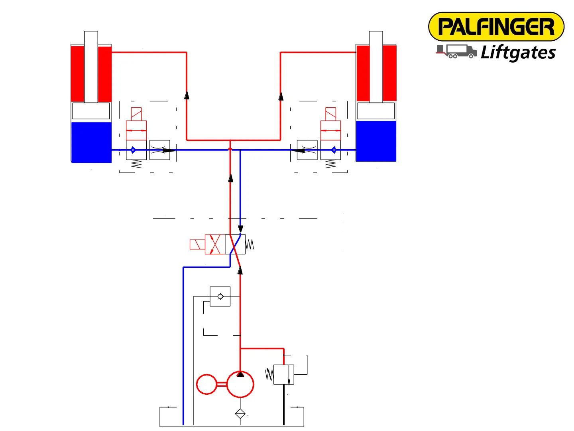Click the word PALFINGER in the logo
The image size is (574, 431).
click(x=496, y=27)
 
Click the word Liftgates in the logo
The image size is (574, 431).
click(x=518, y=53)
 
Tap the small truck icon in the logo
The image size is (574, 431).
click(x=456, y=51)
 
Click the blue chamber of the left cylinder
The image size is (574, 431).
click(x=91, y=142)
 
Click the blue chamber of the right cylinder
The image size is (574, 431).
click(x=376, y=141)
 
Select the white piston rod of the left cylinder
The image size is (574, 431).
click(x=91, y=66)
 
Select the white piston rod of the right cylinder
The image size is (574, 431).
click(x=376, y=66)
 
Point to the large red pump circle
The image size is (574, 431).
click(x=240, y=384)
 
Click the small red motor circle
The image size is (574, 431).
click(x=206, y=384)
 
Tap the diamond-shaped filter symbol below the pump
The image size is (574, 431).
click(x=240, y=414)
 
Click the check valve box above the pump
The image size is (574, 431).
click(x=220, y=297)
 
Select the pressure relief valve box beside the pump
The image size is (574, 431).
click(x=284, y=374)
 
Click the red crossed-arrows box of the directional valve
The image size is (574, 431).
click(x=215, y=244)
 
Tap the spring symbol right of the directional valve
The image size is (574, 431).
click(x=250, y=244)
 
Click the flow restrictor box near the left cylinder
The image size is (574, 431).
click(x=160, y=150)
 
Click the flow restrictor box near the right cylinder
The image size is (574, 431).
click(x=307, y=150)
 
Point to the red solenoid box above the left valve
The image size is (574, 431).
click(x=136, y=114)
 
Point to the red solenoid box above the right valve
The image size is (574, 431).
click(x=331, y=114)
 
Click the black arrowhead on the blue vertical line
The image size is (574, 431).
click(x=240, y=229)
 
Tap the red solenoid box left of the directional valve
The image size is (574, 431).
click(x=197, y=244)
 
